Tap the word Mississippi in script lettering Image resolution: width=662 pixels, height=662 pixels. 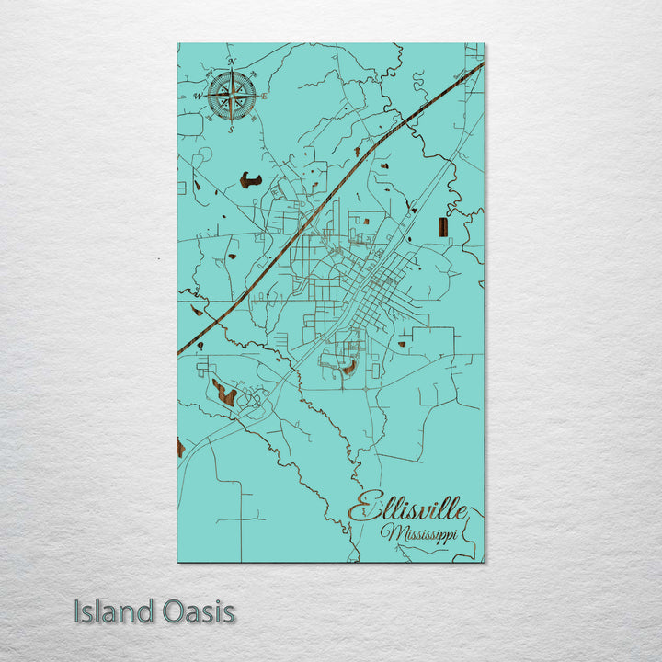[418, 534]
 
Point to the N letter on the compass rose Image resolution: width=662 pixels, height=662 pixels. [232, 63]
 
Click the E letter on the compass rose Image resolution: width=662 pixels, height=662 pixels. [264, 96]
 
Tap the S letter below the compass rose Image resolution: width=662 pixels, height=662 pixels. [232, 129]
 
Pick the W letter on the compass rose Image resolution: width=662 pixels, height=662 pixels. [198, 96]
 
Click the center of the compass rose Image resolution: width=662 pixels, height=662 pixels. [232, 96]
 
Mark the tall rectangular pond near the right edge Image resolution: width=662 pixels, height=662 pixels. [443, 227]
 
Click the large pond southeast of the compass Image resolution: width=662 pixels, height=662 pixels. [250, 180]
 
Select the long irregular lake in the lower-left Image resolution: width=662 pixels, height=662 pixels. [223, 393]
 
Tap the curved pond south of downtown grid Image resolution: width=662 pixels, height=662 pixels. [349, 368]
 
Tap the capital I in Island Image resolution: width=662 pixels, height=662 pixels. [78, 611]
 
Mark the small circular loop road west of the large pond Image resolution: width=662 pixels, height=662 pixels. [204, 154]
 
